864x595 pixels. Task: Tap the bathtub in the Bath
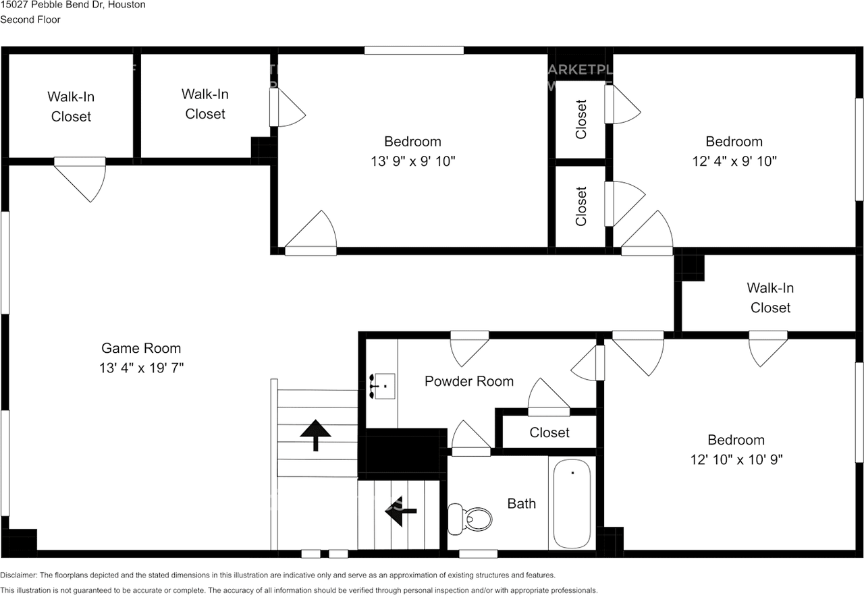[x=572, y=503]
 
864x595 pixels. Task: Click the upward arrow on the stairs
[x=315, y=434]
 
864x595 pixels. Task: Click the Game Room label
[x=141, y=348]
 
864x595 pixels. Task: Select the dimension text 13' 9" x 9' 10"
[x=412, y=161]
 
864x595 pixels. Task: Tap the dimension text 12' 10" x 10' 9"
[x=736, y=459]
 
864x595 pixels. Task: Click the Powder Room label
[x=468, y=381]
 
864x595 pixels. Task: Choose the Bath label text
[x=522, y=503]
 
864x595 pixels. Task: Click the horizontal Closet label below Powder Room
[x=549, y=432]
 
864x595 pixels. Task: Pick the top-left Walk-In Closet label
[x=71, y=107]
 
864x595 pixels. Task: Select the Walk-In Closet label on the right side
[x=770, y=297]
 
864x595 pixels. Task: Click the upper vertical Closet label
[x=581, y=119]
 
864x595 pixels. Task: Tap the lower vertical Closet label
[x=581, y=206]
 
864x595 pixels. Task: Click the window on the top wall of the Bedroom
[x=414, y=50]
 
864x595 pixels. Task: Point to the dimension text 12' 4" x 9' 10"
[x=734, y=161]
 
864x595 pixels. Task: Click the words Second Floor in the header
[x=30, y=20]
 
